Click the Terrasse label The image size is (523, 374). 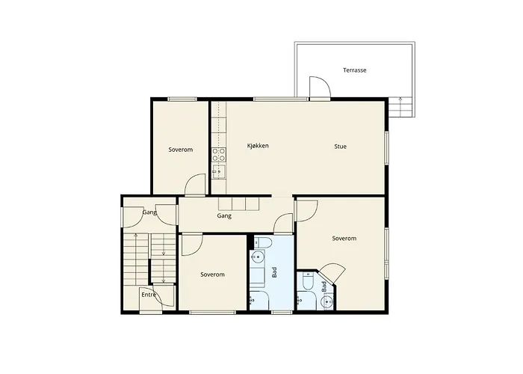(355, 70)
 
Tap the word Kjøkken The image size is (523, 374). (258, 146)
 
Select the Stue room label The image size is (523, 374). (340, 147)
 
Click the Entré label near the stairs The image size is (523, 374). (149, 295)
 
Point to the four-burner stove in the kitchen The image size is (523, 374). (219, 155)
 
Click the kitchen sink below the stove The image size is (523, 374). (219, 171)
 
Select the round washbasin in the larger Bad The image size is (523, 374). (257, 257)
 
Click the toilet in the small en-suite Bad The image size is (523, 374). (307, 280)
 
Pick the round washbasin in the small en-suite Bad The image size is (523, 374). (327, 302)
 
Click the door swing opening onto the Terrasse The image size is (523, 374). (320, 88)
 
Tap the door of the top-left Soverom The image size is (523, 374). (195, 184)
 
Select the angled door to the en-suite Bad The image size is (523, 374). (332, 273)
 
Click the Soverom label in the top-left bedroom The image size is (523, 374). (181, 150)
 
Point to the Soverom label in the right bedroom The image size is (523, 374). (344, 239)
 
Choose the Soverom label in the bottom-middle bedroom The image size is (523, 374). (212, 275)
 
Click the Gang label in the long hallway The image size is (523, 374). (224, 215)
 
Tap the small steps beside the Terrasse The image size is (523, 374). (401, 106)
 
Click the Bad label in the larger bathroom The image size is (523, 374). (274, 272)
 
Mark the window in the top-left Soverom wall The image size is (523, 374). (182, 99)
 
